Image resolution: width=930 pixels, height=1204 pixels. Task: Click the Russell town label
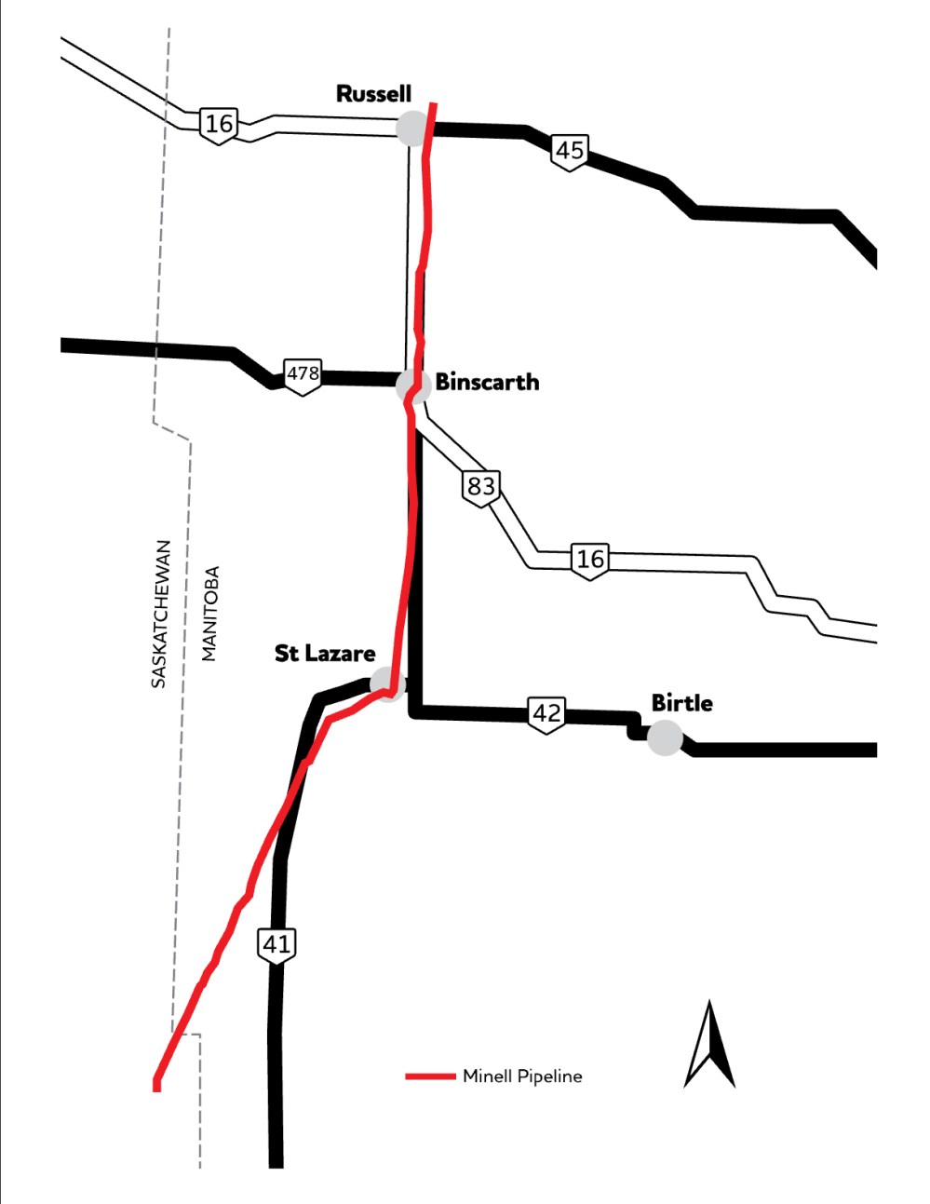tap(373, 94)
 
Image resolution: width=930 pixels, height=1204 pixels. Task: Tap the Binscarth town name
tap(487, 382)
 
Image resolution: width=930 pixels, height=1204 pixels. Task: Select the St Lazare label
tap(325, 654)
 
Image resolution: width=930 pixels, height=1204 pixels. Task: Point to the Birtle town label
tap(682, 703)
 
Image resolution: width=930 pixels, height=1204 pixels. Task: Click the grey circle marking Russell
tap(411, 128)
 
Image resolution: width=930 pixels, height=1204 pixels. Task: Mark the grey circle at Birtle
tap(665, 737)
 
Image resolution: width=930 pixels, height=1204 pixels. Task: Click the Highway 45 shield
tap(569, 151)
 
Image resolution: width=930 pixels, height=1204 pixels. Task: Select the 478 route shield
tap(303, 375)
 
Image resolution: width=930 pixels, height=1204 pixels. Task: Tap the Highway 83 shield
tap(481, 487)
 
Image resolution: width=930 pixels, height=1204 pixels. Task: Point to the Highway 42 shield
tap(546, 714)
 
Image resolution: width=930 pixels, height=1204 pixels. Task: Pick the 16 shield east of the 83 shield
tap(590, 560)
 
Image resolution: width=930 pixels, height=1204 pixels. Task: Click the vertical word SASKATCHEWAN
tap(159, 614)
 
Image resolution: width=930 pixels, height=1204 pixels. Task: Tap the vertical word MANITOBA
tap(209, 614)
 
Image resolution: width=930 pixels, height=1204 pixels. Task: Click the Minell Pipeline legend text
tap(522, 1076)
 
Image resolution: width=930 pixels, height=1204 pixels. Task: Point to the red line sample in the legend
tap(429, 1076)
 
